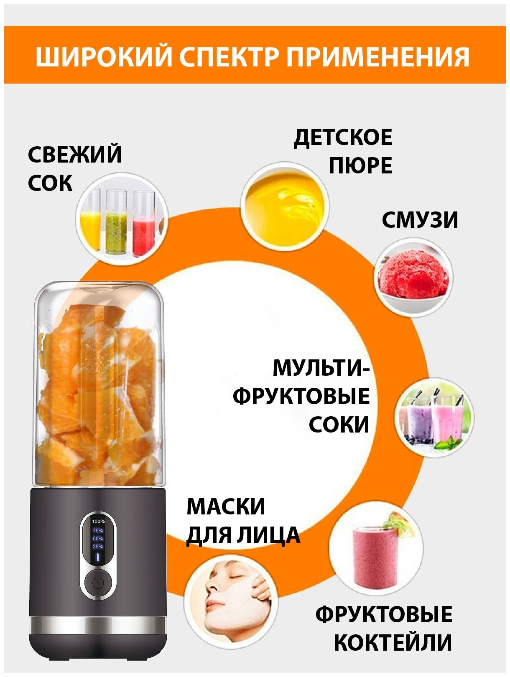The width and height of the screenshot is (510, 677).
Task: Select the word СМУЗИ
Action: click(x=420, y=220)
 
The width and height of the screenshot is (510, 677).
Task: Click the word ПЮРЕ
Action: click(x=360, y=166)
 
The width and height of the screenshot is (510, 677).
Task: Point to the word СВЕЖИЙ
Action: click(x=75, y=155)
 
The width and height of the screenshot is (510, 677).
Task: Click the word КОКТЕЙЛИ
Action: click(x=393, y=643)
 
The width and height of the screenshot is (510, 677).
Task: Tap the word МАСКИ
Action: click(x=226, y=506)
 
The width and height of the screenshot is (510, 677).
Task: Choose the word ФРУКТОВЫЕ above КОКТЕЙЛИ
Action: click(x=384, y=614)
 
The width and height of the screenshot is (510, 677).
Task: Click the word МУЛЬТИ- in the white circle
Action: click(x=321, y=368)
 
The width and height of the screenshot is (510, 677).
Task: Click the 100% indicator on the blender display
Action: click(x=98, y=522)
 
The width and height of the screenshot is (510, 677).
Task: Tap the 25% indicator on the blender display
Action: click(x=98, y=547)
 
